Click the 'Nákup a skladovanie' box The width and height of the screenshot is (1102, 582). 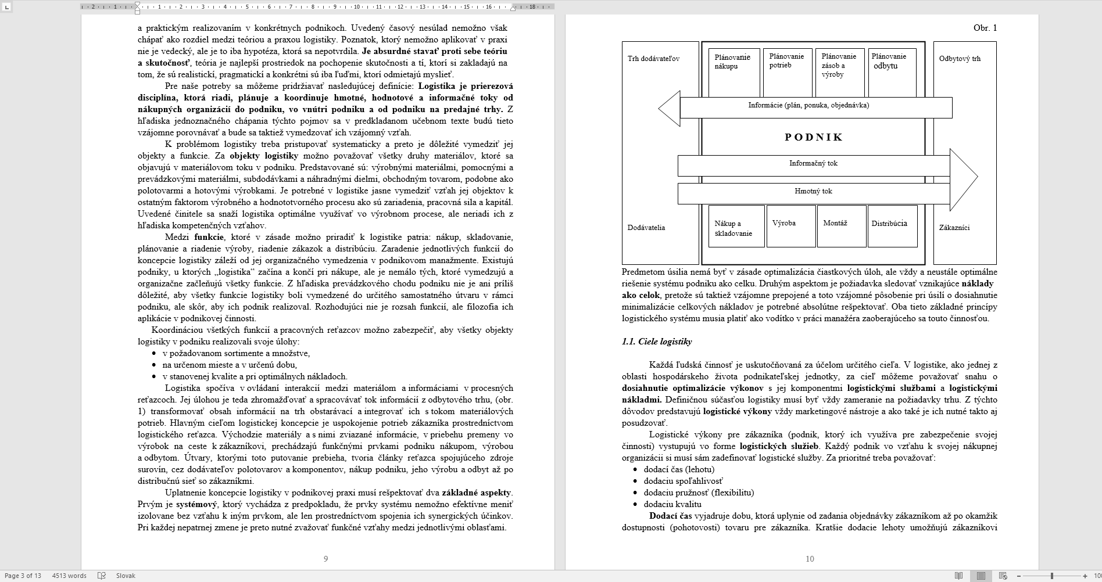point(736,227)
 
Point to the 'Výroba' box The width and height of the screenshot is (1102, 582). point(790,226)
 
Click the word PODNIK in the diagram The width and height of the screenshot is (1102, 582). point(814,137)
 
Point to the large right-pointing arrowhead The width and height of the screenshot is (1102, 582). point(963,177)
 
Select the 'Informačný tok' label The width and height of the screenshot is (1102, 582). point(813,164)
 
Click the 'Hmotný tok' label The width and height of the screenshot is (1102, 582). point(813,192)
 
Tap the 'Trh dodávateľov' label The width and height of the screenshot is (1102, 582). point(653,59)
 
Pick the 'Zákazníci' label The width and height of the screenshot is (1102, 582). point(954,228)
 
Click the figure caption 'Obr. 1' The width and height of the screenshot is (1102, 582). point(985,28)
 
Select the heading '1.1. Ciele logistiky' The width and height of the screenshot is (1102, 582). point(657,342)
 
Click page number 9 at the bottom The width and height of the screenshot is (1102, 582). point(325,559)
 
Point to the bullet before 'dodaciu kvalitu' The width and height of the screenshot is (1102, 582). point(635,505)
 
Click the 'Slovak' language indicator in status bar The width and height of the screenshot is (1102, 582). point(126,576)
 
